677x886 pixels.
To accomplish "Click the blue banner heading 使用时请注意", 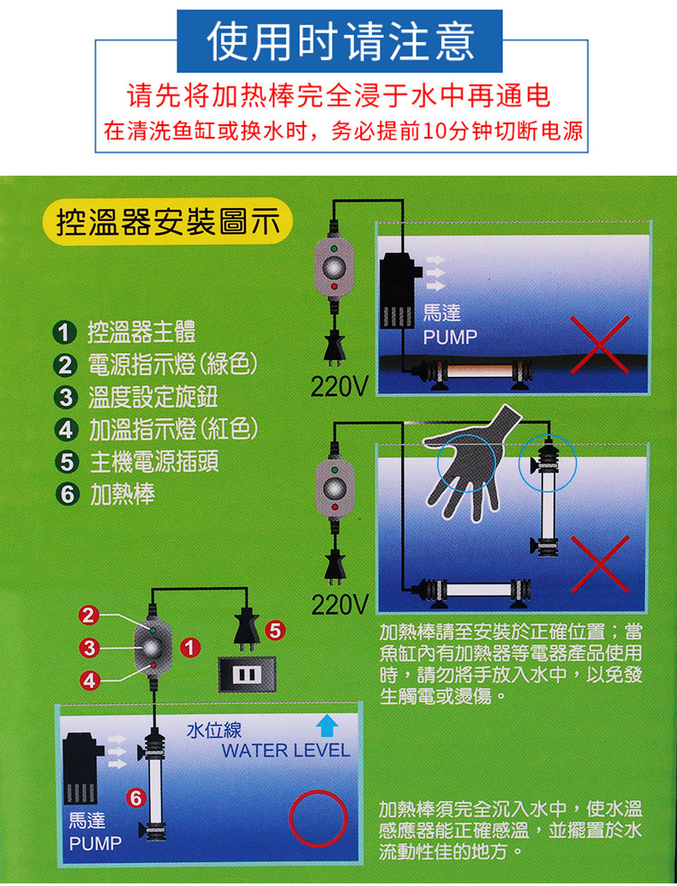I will [x=339, y=40].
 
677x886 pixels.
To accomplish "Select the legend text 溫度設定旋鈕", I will [x=153, y=398].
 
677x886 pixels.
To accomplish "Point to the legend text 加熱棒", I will [x=122, y=494].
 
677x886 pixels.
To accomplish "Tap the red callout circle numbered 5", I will [x=275, y=630].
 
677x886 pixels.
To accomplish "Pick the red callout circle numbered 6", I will [x=135, y=799].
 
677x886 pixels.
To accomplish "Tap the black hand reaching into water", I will [x=467, y=458].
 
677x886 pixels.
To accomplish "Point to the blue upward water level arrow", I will [x=325, y=727].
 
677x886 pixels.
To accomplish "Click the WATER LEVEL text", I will [x=285, y=751].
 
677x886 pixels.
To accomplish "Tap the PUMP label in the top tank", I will [x=450, y=337].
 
